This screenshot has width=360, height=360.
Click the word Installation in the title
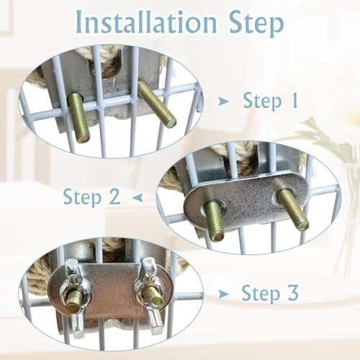(146, 23)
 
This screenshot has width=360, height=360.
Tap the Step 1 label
(271, 101)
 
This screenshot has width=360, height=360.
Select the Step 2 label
(91, 197)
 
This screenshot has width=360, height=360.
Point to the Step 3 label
(270, 293)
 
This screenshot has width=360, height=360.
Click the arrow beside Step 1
(224, 102)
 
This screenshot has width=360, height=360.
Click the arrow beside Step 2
(138, 198)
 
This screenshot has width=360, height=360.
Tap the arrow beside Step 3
(224, 294)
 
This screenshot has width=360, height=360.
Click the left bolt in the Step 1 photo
(79, 118)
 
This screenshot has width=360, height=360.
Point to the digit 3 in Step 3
(293, 292)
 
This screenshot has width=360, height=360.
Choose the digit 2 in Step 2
(114, 197)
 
